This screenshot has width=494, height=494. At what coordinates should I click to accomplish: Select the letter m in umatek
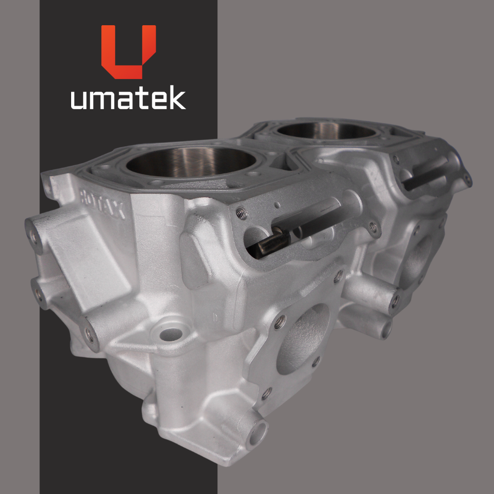tap(102, 100)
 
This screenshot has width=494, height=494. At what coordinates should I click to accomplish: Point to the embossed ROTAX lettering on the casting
tap(102, 203)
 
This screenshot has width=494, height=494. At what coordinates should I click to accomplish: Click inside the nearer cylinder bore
tap(191, 163)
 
